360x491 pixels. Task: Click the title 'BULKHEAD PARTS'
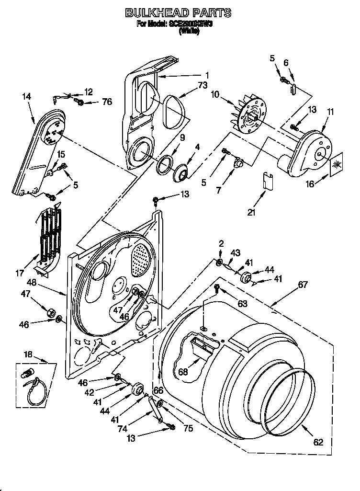(x=178, y=13)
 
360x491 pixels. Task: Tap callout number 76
(x=107, y=102)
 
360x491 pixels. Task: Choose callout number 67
(x=303, y=285)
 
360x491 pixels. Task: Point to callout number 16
(x=310, y=183)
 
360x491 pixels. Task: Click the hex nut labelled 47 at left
(x=49, y=312)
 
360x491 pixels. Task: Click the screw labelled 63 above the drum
(x=216, y=287)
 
